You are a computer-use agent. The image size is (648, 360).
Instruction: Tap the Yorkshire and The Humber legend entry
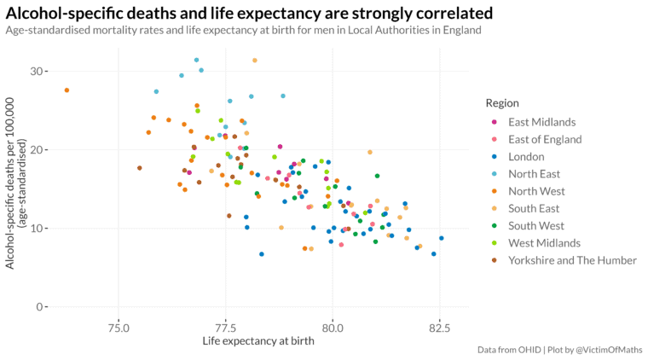pos(572,261)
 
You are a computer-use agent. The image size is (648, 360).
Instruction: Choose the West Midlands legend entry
pos(543,244)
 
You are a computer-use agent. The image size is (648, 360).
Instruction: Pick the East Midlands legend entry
pos(541,122)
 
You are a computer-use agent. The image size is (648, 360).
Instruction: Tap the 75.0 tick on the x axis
pos(119,328)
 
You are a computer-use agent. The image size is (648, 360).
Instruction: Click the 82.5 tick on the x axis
pos(440,328)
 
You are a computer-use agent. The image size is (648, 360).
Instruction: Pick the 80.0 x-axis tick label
pos(333,328)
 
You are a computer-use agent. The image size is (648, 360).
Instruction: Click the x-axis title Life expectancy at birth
pos(258,342)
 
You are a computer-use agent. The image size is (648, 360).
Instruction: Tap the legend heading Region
pos(503,103)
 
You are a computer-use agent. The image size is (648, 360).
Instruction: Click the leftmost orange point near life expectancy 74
pos(67,90)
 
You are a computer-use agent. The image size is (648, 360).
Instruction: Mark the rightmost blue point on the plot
pos(442,238)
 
